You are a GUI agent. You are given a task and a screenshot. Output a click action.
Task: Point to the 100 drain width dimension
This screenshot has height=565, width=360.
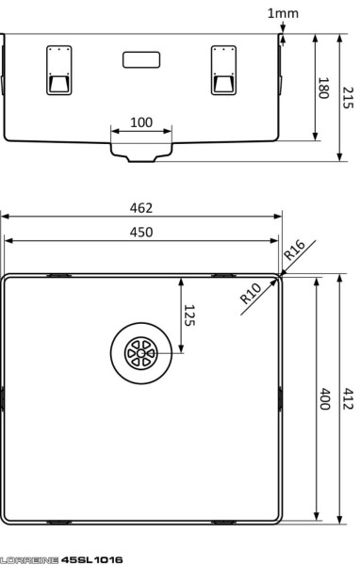pos(141,123)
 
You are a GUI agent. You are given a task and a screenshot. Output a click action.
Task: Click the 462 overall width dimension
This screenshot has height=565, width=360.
pos(141,208)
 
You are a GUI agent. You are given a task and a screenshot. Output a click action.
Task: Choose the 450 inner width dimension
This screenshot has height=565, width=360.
pos(141,232)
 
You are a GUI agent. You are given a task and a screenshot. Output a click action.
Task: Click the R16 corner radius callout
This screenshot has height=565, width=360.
pos(294,251)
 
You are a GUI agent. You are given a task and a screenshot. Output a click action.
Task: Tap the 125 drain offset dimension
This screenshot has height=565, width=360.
pos(188,315)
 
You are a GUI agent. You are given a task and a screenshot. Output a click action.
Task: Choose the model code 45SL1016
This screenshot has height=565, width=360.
pos(91,559)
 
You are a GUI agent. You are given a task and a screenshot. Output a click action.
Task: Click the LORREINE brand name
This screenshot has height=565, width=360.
pos(29,559)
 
